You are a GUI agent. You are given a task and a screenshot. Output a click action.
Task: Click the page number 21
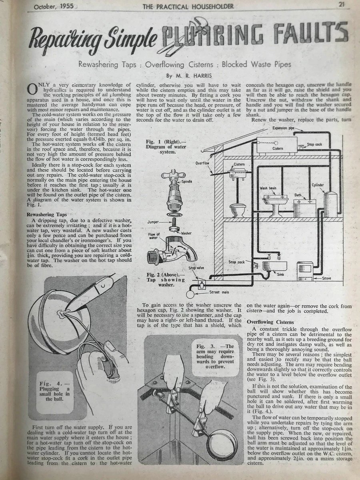pos(341,5)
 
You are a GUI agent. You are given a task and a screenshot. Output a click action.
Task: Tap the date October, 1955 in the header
pos(50,6)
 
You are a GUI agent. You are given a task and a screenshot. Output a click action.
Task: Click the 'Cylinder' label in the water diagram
pos(318,185)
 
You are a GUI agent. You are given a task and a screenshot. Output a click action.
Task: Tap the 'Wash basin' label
pos(268,188)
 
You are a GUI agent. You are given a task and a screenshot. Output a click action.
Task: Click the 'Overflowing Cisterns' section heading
pos(270,322)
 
